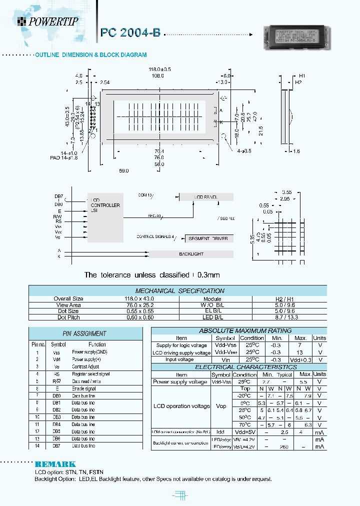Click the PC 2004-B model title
pos(130,32)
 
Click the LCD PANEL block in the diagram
pos(206,197)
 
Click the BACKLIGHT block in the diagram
pos(191,254)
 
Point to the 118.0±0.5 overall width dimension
pos(160,69)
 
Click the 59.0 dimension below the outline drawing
pos(123,170)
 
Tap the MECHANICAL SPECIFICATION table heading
pos(180,290)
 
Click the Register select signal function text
pos(90,373)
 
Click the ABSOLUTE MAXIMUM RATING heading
pos(238,330)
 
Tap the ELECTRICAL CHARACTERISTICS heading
pos(238,366)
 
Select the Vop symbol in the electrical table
pos(220,406)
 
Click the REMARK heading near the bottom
pos(55,464)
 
